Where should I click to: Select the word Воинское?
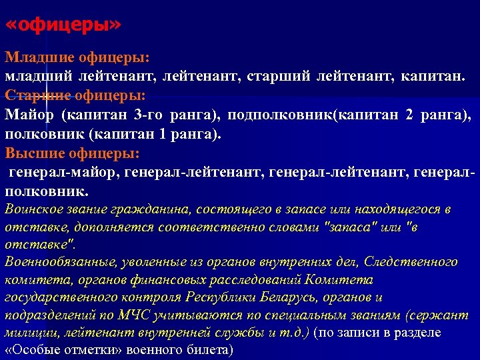29,210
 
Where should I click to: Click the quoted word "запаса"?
350,227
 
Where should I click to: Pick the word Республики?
219,297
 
